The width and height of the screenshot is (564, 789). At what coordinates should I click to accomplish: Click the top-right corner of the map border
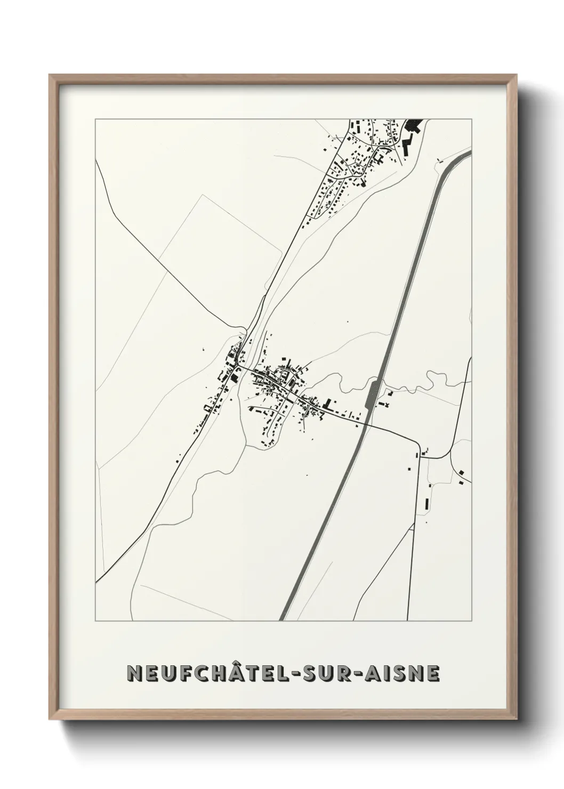pyautogui.click(x=472, y=119)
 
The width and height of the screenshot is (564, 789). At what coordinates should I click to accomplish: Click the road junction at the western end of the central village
pyautogui.click(x=240, y=366)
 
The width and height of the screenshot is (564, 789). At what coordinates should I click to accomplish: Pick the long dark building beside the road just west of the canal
pyautogui.click(x=327, y=404)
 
